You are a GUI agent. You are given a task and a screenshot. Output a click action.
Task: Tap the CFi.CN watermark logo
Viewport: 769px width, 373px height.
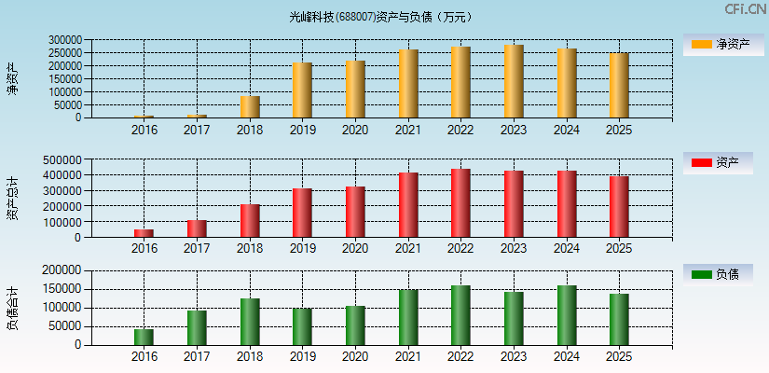click(x=745, y=9)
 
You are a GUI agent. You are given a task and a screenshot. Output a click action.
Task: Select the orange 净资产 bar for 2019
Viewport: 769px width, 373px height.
click(x=302, y=90)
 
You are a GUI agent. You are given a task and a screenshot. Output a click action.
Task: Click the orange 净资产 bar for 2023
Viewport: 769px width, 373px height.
click(x=514, y=81)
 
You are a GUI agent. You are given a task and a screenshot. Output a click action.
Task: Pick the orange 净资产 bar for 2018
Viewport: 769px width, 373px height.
click(x=250, y=107)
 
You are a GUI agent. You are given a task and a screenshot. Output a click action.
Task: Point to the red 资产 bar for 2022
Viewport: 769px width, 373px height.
click(x=460, y=203)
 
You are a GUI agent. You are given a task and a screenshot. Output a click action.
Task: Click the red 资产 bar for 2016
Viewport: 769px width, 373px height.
click(x=144, y=233)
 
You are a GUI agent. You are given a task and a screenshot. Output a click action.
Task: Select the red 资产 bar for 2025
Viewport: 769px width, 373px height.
click(x=619, y=207)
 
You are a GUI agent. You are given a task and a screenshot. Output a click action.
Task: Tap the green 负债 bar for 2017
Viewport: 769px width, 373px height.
click(x=197, y=328)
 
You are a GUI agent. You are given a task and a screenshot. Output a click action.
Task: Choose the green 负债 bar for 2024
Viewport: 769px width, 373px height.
click(x=567, y=315)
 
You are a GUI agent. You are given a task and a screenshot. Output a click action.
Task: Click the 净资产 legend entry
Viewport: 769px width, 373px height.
click(x=718, y=44)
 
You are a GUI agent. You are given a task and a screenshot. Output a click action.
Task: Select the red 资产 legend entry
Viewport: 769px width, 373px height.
click(x=718, y=163)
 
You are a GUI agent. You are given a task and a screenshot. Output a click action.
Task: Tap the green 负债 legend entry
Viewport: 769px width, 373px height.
click(x=718, y=274)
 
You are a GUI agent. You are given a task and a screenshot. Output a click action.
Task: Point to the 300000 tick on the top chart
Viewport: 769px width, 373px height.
click(x=64, y=40)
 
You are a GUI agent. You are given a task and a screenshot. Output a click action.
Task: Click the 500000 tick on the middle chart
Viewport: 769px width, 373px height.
click(x=64, y=159)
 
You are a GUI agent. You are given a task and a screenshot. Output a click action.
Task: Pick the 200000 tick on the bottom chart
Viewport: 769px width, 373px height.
click(x=64, y=270)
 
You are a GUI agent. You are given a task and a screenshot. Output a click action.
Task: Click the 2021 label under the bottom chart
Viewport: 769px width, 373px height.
click(x=407, y=357)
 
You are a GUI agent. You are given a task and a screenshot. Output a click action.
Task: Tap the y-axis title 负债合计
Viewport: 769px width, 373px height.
click(x=12, y=308)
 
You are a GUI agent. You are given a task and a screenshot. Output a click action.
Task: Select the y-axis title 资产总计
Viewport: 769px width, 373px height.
click(x=12, y=198)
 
